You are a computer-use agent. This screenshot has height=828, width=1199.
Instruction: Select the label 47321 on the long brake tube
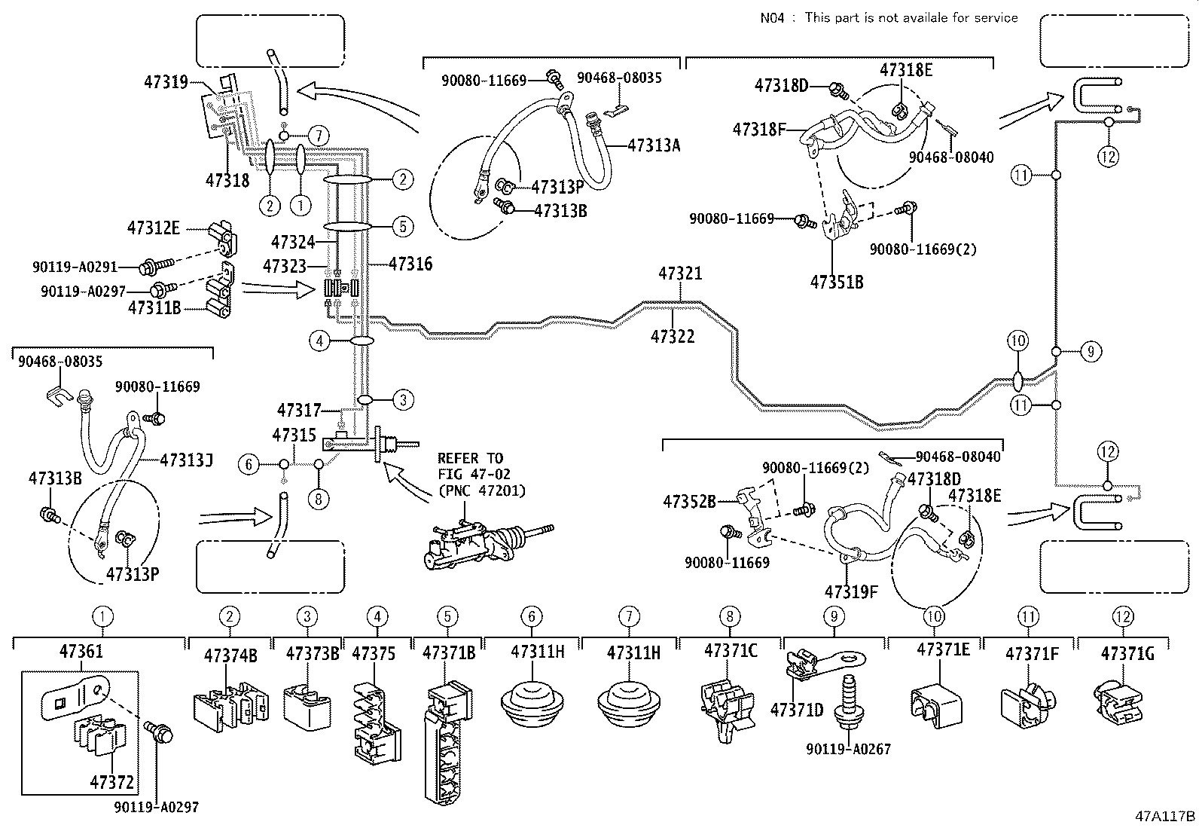point(680,273)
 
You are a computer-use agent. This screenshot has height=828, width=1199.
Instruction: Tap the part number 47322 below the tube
point(673,336)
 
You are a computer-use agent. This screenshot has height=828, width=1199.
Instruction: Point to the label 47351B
point(836,283)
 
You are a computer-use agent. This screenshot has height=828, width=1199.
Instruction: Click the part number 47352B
point(689,500)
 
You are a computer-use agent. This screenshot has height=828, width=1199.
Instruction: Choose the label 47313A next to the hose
point(654,145)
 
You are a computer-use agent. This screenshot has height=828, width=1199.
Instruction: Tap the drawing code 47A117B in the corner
point(1165,816)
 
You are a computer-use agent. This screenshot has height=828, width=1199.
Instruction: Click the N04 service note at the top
point(889,17)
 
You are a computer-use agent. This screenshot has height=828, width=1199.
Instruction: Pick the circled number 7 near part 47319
point(319,136)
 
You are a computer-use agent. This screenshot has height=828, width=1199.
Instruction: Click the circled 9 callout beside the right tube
point(1090,351)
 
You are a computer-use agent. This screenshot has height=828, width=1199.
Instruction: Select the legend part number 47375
point(374,653)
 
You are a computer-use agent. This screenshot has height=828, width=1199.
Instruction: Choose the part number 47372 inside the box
point(109,782)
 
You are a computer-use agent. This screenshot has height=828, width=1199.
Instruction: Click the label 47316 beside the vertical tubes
point(410,264)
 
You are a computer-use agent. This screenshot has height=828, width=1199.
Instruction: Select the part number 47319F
point(851,591)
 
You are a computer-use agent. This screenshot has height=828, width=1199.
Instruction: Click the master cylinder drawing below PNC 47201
point(482,542)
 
